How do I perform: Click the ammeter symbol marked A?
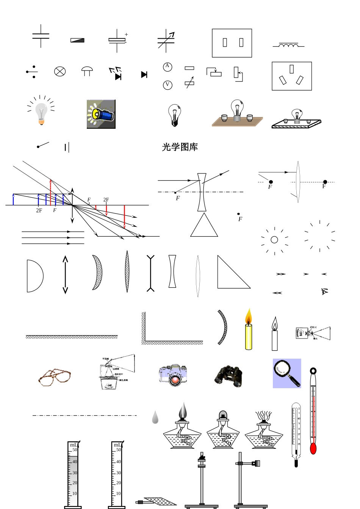click(167, 67)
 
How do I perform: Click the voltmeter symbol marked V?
click(167, 85)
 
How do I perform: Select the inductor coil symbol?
click(288, 46)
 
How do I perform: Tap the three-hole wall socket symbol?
click(291, 76)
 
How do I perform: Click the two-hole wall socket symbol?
click(232, 43)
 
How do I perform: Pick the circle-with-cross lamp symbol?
click(60, 71)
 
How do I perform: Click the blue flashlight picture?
click(101, 114)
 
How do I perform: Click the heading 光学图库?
click(180, 147)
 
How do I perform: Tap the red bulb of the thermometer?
click(313, 448)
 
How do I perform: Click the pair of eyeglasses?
click(55, 377)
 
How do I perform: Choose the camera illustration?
click(173, 375)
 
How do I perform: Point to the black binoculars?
click(229, 376)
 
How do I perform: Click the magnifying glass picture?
click(287, 373)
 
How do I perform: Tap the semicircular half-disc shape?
click(34, 276)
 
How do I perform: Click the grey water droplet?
click(155, 417)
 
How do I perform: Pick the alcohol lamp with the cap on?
click(223, 430)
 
